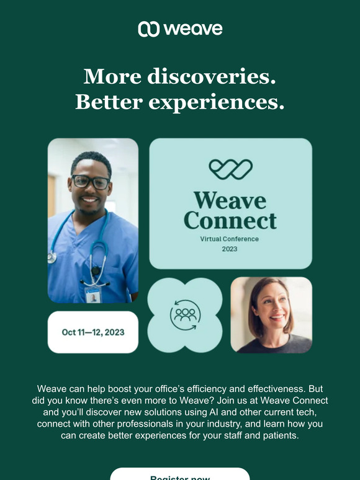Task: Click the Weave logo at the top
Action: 180,29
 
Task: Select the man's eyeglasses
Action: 91,182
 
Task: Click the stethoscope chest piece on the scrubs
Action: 52,257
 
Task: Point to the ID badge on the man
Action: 92,295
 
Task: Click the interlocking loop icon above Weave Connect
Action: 230,169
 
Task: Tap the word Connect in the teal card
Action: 230,220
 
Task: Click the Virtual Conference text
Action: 230,239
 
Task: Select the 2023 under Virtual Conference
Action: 230,249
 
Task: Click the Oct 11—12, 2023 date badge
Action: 93,332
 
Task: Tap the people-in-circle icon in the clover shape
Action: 185,315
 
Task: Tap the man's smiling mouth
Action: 91,200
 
